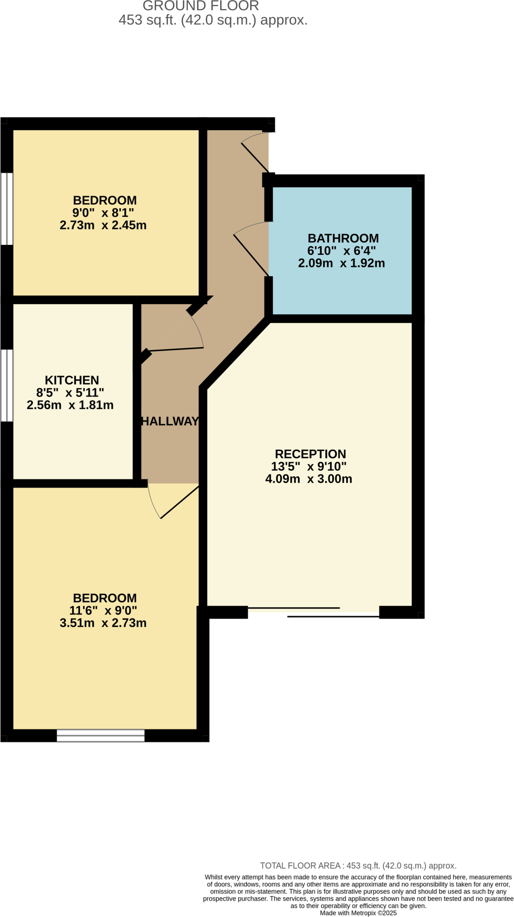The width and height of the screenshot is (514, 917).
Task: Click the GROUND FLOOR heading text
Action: coord(200,6)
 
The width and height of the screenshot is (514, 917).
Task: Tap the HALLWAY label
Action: coord(170,421)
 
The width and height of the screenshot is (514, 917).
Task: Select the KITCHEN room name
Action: coord(72,380)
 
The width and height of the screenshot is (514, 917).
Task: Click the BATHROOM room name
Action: coord(343,238)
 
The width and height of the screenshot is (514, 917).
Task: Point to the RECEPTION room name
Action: coord(310,454)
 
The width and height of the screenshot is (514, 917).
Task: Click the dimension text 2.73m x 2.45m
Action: coord(103,225)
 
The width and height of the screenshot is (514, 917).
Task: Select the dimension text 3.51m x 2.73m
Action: coord(103,623)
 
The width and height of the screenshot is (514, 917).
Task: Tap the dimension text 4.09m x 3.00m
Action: coord(308,479)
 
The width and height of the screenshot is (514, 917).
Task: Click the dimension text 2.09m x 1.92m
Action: coord(341,263)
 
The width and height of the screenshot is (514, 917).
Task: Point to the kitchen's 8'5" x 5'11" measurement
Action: coord(70,393)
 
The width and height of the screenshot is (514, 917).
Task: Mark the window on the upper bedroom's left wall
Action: coord(7,209)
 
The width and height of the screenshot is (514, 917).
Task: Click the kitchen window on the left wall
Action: coord(7,386)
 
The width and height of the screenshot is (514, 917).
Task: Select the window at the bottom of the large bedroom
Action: coord(101,736)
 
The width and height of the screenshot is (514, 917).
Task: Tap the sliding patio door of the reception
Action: coord(313,612)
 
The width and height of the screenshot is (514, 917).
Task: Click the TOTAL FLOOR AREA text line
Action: coord(358,866)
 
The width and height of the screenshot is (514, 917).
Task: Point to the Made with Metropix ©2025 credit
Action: coord(358,913)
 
